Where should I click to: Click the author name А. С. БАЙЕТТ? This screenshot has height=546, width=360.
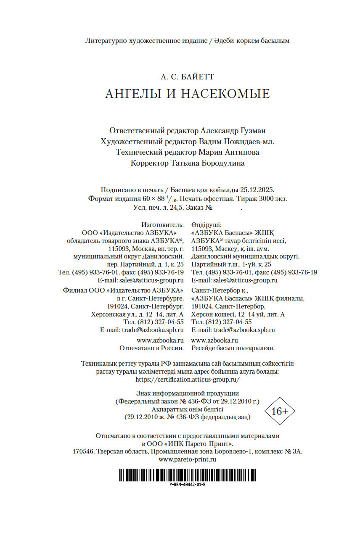pyautogui.click(x=187, y=77)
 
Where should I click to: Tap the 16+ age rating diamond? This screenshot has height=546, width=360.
pyautogui.click(x=280, y=411)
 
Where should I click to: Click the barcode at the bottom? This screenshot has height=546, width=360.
pyautogui.click(x=187, y=475)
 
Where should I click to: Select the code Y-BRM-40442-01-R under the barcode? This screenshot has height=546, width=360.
pyautogui.click(x=188, y=484)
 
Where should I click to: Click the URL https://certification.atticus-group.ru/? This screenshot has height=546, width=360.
pyautogui.click(x=188, y=379)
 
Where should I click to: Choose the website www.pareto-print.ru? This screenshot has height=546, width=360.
pyautogui.click(x=187, y=459)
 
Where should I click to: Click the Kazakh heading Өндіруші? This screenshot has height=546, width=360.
pyautogui.click(x=206, y=225)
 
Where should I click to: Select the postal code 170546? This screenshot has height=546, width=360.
pyautogui.click(x=83, y=451)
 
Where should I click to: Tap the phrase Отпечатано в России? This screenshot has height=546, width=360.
pyautogui.click(x=151, y=348)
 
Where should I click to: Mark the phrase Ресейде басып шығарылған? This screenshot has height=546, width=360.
pyautogui.click(x=233, y=348)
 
